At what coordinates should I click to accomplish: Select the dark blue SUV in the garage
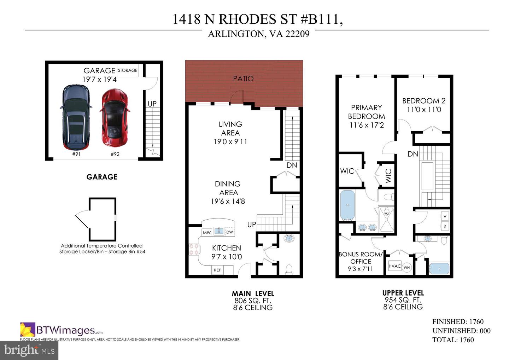tap(76, 117)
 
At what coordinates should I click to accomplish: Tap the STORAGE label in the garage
tap(128, 70)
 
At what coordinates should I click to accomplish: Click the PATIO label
tap(243, 79)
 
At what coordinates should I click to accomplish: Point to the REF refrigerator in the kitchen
tap(217, 270)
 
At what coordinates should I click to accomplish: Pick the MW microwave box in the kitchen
tap(207, 232)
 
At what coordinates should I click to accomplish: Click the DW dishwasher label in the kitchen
tap(229, 232)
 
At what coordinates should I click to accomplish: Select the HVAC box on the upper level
tap(395, 266)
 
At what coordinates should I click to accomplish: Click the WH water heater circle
tap(407, 267)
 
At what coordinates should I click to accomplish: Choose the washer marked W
tap(445, 216)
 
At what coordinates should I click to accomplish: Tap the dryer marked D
tap(445, 226)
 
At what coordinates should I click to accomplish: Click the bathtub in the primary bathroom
tap(347, 205)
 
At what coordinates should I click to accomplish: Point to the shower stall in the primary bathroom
tap(386, 219)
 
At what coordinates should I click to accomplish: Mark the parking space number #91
tap(76, 154)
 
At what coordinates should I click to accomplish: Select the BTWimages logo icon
tap(28, 329)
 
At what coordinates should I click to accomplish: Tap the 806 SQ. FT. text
tap(253, 301)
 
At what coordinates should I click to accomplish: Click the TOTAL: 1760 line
tap(453, 340)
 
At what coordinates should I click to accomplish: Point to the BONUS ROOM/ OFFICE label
tap(361, 258)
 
